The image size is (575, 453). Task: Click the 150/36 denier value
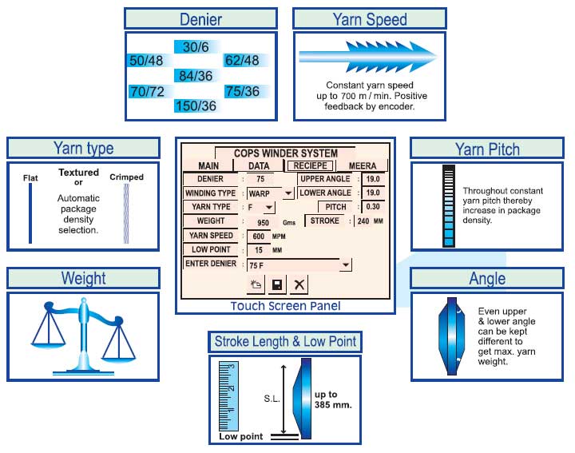196,106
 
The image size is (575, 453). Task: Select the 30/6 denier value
196,47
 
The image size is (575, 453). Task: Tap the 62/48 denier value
242,61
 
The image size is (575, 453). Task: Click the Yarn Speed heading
370,19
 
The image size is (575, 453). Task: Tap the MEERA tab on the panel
363,165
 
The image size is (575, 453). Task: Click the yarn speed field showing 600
258,236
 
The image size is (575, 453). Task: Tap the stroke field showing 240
363,221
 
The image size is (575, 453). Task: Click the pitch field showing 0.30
373,207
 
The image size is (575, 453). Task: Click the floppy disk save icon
277,284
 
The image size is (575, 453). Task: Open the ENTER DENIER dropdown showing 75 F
299,264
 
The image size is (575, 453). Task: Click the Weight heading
83,278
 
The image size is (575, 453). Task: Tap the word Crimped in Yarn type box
126,177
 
